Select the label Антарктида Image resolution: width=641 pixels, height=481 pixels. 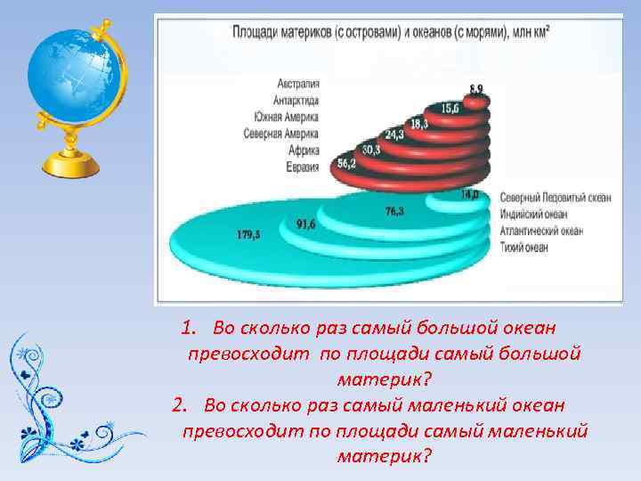pyautogui.click(x=298, y=101)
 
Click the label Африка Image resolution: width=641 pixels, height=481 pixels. pyautogui.click(x=305, y=151)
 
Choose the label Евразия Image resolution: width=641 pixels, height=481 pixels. pyautogui.click(x=304, y=167)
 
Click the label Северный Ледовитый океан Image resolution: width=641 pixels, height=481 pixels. pyautogui.click(x=555, y=198)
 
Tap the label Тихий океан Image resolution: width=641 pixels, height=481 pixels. pyautogui.click(x=524, y=247)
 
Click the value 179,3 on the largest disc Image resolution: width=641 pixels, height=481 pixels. pyautogui.click(x=249, y=234)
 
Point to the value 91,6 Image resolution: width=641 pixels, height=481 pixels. pyautogui.click(x=306, y=224)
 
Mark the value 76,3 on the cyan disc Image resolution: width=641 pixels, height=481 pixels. pyautogui.click(x=394, y=211)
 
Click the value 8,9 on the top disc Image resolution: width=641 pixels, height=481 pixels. pyautogui.click(x=477, y=87)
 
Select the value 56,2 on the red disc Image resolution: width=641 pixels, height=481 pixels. pyautogui.click(x=346, y=164)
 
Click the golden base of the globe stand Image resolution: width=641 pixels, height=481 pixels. pyautogui.click(x=75, y=166)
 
